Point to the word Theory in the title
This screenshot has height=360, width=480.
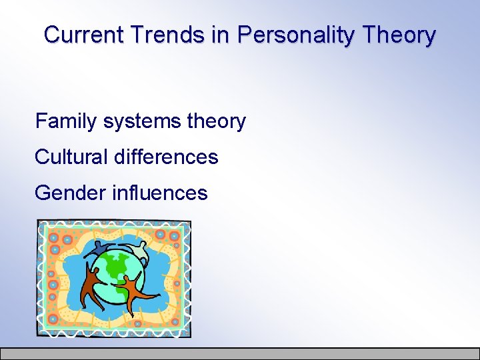(402, 35)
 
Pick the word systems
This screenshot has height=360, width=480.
(143, 122)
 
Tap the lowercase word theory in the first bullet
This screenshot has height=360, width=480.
(217, 122)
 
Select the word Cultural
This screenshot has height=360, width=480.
(72, 157)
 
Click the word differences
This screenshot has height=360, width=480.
(166, 157)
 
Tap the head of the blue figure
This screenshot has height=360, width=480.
(101, 245)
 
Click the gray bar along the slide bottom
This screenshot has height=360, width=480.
(240, 353)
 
